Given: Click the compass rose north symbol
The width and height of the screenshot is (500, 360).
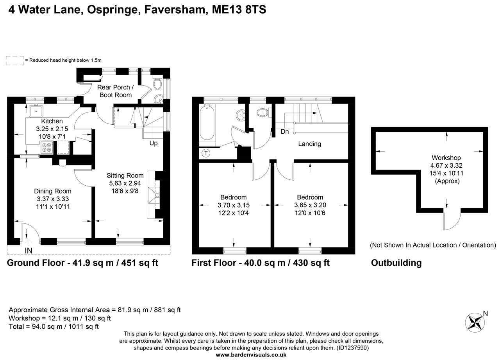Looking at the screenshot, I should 475,322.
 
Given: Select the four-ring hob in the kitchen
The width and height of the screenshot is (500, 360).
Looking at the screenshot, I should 47,148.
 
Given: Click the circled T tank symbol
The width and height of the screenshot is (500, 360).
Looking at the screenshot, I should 206,153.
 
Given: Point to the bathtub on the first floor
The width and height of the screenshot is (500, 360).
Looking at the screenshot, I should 207,123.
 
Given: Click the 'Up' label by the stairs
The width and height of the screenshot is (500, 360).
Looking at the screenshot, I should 154,143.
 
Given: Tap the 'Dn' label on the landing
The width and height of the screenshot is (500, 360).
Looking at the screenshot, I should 285,132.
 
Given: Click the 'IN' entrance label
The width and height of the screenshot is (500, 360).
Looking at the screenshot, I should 29,250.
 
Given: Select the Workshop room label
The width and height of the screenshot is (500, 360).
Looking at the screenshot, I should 446,158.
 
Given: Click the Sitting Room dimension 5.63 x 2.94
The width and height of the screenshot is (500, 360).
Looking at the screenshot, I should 125,183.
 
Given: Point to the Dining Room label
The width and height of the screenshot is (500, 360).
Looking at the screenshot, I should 53,191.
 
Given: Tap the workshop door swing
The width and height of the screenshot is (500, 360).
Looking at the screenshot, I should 452,221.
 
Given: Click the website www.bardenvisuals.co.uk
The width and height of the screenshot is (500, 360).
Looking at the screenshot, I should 251,355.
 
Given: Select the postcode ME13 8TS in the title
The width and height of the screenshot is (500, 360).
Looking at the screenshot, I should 239,9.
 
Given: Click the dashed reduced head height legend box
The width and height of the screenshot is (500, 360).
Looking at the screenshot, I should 14,60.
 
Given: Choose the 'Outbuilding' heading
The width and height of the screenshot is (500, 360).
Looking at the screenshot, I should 396,263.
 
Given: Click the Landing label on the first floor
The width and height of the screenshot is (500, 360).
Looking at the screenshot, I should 309,144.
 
